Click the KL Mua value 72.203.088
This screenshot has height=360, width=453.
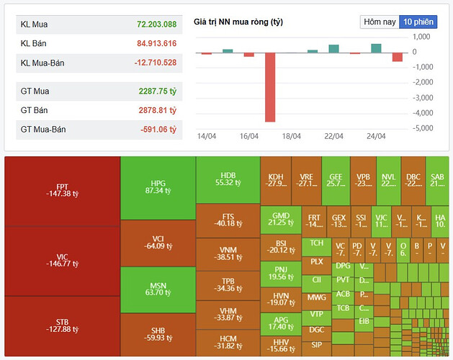pyautogui.click(x=157, y=24)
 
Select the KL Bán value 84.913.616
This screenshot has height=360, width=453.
pyautogui.click(x=157, y=43)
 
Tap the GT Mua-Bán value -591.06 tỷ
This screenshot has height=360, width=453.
pyautogui.click(x=158, y=129)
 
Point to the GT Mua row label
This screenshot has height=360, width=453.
pyautogui.click(x=35, y=91)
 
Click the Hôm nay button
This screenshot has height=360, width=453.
pyautogui.click(x=380, y=22)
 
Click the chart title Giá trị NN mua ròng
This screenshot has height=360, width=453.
pyautogui.click(x=238, y=22)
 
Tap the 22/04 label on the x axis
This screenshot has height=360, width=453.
pyautogui.click(x=332, y=135)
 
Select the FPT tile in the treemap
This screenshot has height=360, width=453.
pyautogui.click(x=62, y=190)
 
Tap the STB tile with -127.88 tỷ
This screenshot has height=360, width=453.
pyautogui.click(x=62, y=326)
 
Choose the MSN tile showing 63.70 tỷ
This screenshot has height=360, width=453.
pyautogui.click(x=158, y=289)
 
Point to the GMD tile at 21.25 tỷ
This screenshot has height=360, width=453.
pyautogui.click(x=280, y=218)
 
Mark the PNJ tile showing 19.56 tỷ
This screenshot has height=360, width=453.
pyautogui.click(x=280, y=271)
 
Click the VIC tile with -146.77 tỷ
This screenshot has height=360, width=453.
pyautogui.click(x=62, y=260)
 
